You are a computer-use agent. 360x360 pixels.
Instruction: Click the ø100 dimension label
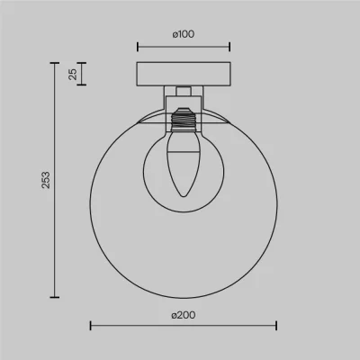[184, 34]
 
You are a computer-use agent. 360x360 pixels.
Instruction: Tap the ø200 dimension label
[184, 315]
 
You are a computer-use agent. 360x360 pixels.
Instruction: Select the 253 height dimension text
[46, 180]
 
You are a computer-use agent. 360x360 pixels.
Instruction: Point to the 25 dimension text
[73, 74]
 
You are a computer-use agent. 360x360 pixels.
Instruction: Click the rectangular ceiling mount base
[184, 74]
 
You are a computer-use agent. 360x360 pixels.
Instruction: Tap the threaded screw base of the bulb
[184, 119]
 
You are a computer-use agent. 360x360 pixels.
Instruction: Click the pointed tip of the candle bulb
[184, 196]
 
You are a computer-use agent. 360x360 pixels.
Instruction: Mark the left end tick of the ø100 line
[138, 47]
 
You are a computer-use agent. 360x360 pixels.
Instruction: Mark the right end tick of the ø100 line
[229, 47]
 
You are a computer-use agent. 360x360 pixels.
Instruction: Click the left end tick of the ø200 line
[91, 326]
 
